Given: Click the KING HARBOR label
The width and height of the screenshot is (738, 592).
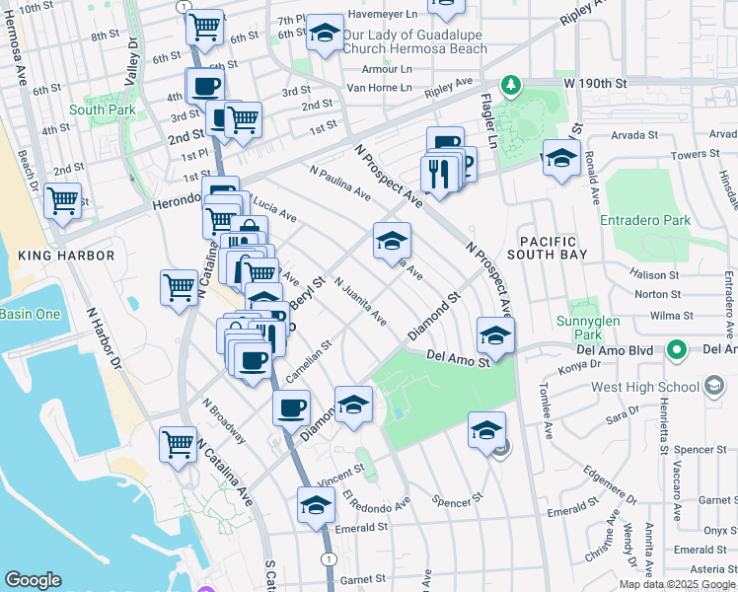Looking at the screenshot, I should pyautogui.click(x=66, y=256).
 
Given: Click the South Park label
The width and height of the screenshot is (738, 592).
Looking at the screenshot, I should pyautogui.click(x=102, y=110).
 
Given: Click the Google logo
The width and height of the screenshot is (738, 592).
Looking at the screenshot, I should pyautogui.click(x=34, y=580).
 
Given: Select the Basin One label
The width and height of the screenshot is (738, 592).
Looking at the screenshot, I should pyautogui.click(x=30, y=314).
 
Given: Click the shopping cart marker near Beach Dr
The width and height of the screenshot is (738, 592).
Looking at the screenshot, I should pyautogui.click(x=63, y=200).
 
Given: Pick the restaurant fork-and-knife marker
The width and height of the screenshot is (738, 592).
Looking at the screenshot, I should pyautogui.click(x=435, y=173).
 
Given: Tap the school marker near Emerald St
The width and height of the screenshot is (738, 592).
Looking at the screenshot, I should pyautogui.click(x=315, y=505).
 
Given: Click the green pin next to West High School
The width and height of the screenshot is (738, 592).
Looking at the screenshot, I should pyautogui.click(x=676, y=350).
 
